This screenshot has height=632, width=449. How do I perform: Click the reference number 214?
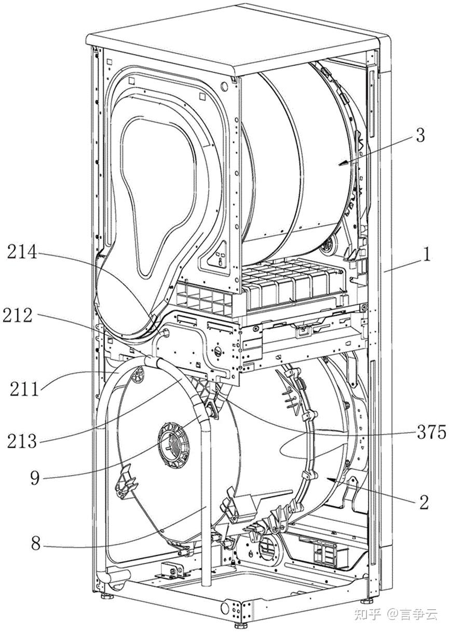[22, 252]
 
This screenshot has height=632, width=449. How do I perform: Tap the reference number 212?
[18, 315]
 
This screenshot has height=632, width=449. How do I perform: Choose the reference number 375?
[431, 432]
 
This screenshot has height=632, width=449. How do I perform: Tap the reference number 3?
[420, 136]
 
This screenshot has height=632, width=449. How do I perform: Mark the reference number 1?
[427, 254]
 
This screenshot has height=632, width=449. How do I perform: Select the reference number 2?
[424, 501]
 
